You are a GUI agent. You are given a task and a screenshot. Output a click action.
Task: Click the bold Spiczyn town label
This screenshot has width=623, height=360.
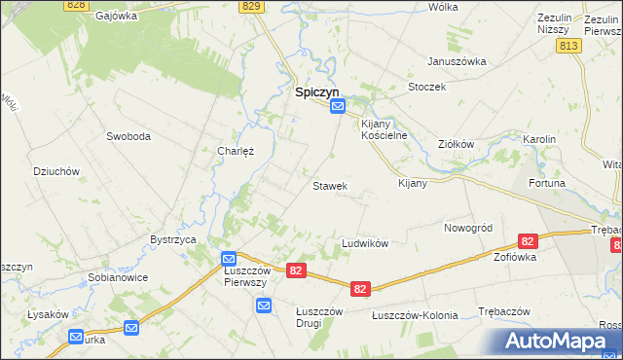pyautogui.click(x=316, y=92)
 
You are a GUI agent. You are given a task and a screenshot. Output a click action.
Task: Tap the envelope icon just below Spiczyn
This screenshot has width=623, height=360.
pyautogui.click(x=337, y=110)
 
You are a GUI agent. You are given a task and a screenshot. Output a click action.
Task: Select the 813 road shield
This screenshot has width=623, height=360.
pyautogui.click(x=569, y=46)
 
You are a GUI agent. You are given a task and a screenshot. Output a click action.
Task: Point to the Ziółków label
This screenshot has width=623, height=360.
pyautogui.click(x=456, y=144)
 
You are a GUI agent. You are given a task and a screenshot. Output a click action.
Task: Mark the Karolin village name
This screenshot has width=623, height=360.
pyautogui.click(x=538, y=139)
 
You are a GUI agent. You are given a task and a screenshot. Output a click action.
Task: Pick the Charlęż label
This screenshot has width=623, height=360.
pyautogui.click(x=236, y=151)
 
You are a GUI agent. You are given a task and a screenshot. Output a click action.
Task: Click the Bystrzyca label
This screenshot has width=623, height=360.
pyautogui.click(x=174, y=238)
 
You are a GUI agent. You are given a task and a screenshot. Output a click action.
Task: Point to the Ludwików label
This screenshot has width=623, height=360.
pyautogui.click(x=365, y=242)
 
